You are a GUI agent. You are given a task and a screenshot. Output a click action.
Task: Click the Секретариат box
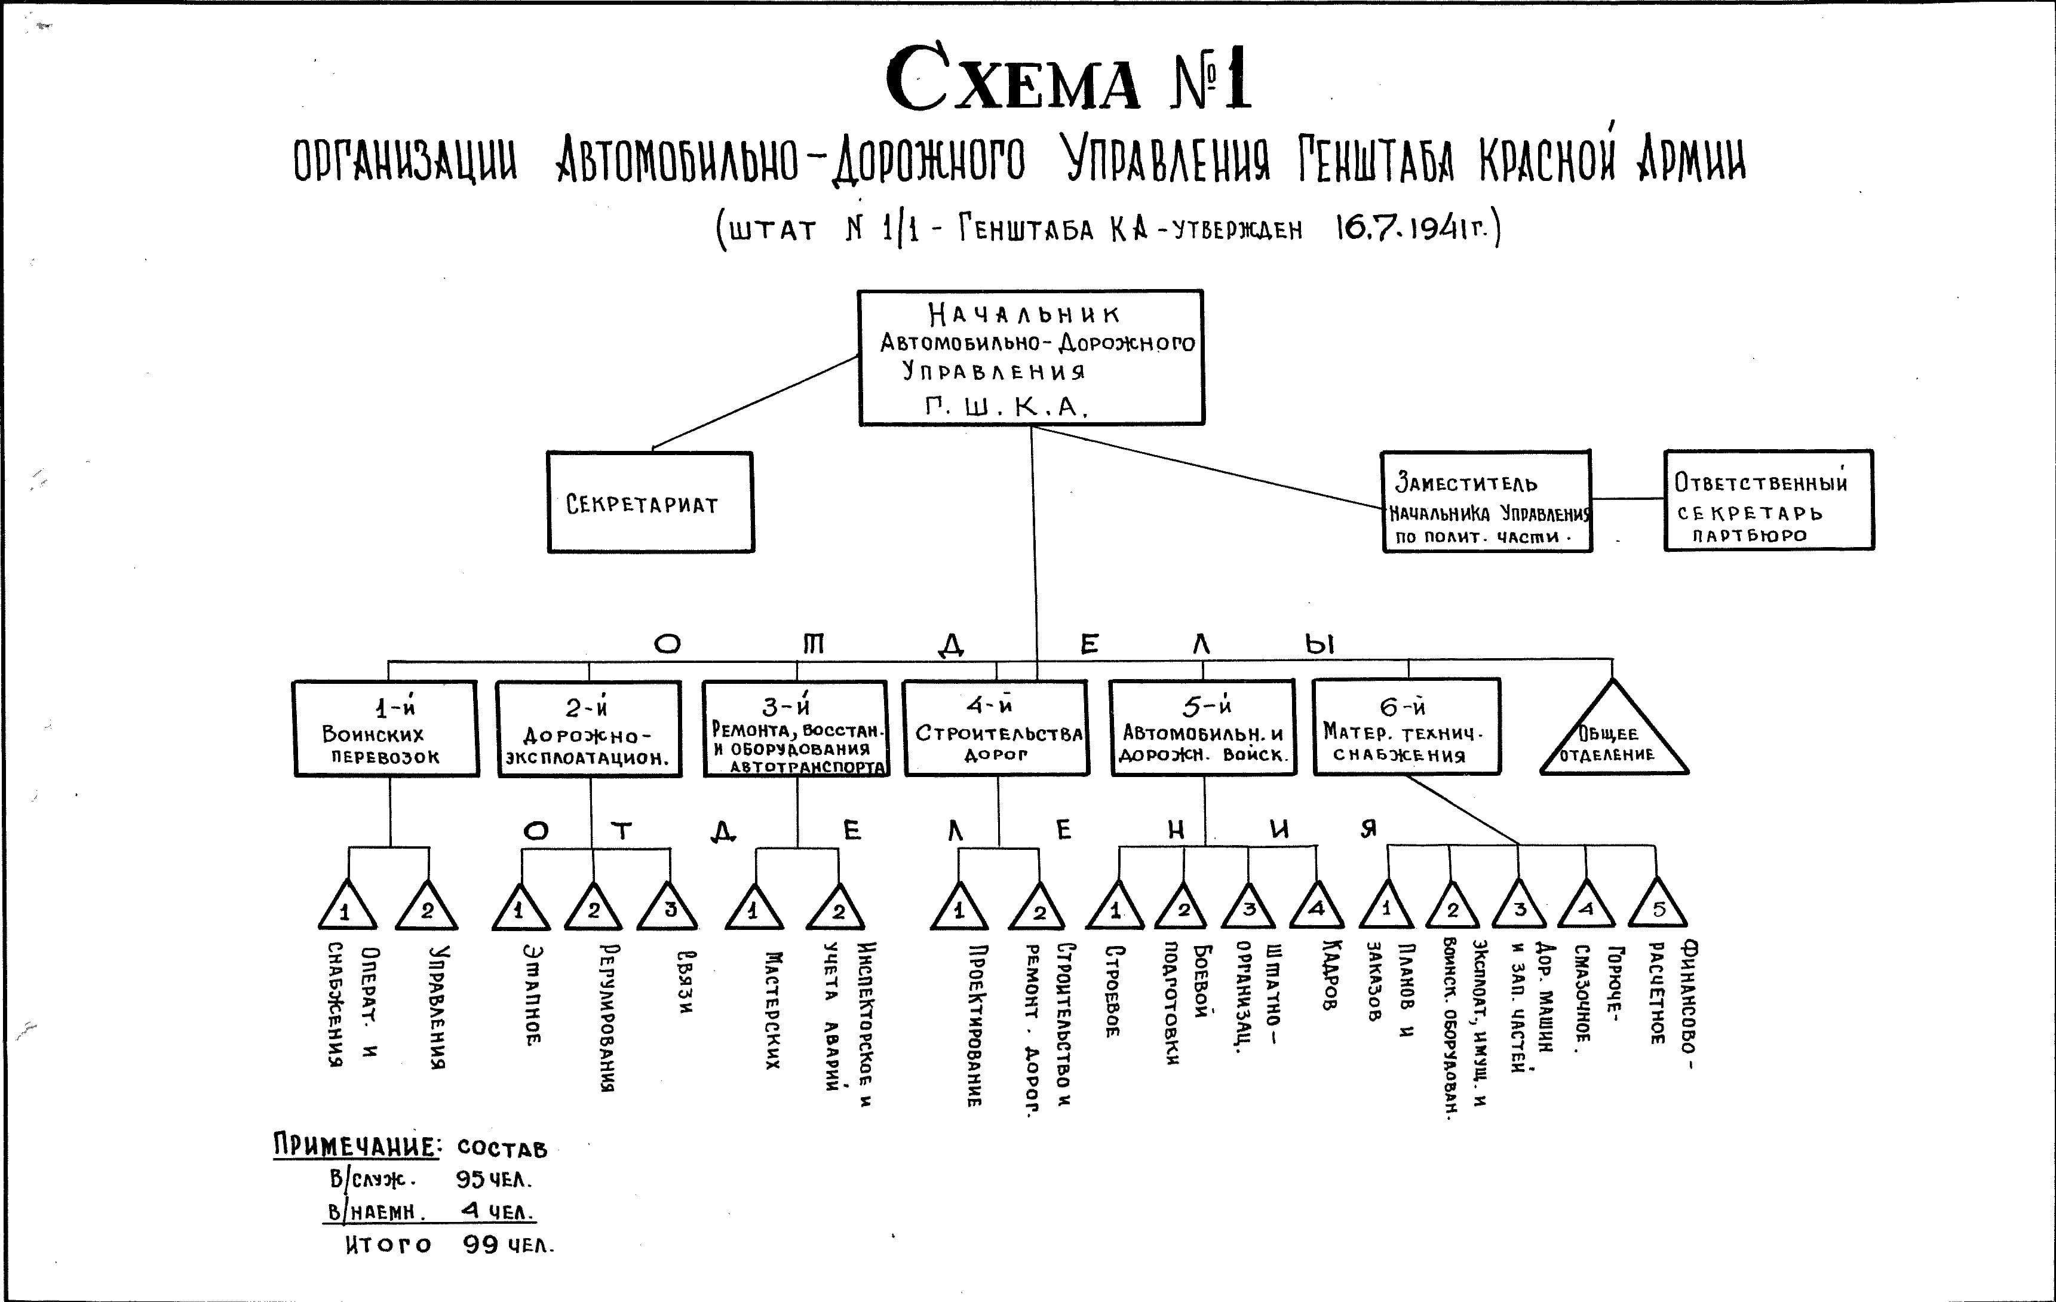tap(650, 502)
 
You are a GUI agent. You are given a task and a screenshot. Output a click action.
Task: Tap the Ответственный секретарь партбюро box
tap(1768, 500)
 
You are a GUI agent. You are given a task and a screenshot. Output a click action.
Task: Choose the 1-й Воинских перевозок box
tap(385, 728)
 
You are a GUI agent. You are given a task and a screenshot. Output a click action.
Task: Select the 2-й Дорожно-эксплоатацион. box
tap(588, 728)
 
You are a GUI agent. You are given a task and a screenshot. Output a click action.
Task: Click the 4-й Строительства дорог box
tap(996, 728)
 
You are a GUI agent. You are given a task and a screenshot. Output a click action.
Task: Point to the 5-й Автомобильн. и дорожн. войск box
tap(1203, 727)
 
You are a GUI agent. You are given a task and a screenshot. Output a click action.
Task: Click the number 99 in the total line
tap(481, 1244)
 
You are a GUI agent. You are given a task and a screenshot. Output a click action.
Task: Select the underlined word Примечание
tap(356, 1146)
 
